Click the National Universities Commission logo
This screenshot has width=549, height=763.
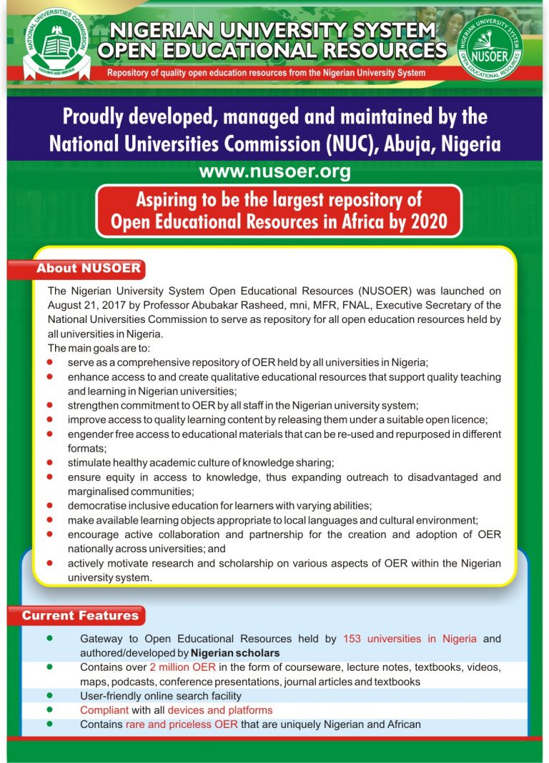click(56, 43)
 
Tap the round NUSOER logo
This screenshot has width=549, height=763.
click(489, 47)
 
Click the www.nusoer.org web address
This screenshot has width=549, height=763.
click(274, 172)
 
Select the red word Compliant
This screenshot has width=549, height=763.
click(104, 710)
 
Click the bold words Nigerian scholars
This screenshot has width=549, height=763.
click(235, 653)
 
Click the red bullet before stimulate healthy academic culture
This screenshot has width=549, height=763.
click(50, 462)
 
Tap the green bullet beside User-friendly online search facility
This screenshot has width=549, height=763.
click(50, 696)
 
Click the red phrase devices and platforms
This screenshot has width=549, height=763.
click(219, 710)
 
